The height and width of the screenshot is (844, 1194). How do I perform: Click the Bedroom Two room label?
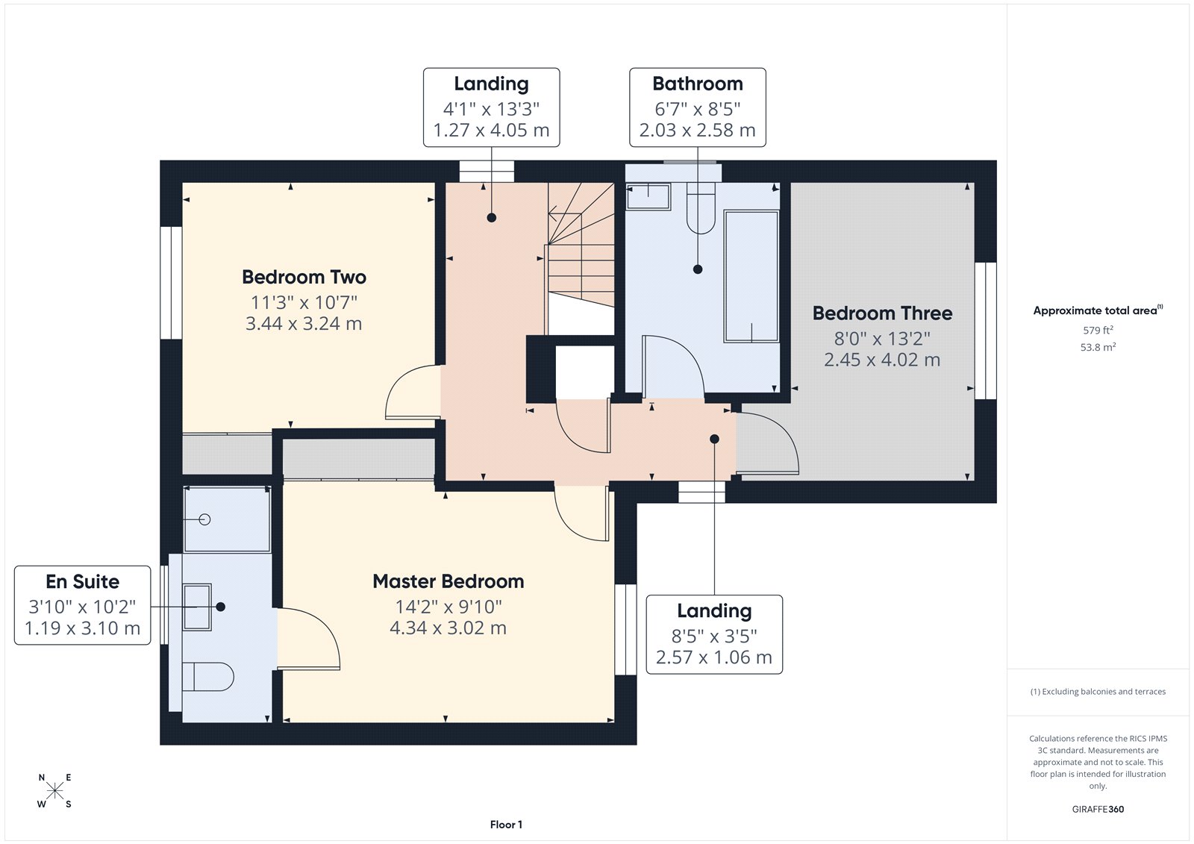pyautogui.click(x=304, y=278)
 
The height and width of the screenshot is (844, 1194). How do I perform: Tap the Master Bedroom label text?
pyautogui.click(x=448, y=581)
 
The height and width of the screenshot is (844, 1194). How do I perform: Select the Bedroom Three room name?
pyautogui.click(x=882, y=313)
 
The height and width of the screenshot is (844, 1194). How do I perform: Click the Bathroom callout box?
pyautogui.click(x=697, y=107)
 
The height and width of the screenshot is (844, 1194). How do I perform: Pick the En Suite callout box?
pyautogui.click(x=82, y=605)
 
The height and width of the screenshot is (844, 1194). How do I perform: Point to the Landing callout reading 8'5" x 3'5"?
pyautogui.click(x=713, y=634)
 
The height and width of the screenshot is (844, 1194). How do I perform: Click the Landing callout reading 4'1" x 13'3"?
pyautogui.click(x=491, y=107)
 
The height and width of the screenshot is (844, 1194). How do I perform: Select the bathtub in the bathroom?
pyautogui.click(x=751, y=276)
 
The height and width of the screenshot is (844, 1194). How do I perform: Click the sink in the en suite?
pyautogui.click(x=197, y=607)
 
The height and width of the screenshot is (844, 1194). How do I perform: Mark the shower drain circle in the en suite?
pyautogui.click(x=205, y=519)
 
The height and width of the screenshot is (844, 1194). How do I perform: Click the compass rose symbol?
pyautogui.click(x=54, y=791)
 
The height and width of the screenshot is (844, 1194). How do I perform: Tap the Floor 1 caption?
pyautogui.click(x=506, y=825)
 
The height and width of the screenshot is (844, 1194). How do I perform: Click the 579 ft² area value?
pyautogui.click(x=1098, y=330)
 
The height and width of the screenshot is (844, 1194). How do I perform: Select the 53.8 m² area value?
pyautogui.click(x=1098, y=347)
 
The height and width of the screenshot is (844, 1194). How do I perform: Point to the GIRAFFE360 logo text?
pyautogui.click(x=1098, y=809)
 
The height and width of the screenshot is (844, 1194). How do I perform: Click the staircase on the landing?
pyautogui.click(x=581, y=254)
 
